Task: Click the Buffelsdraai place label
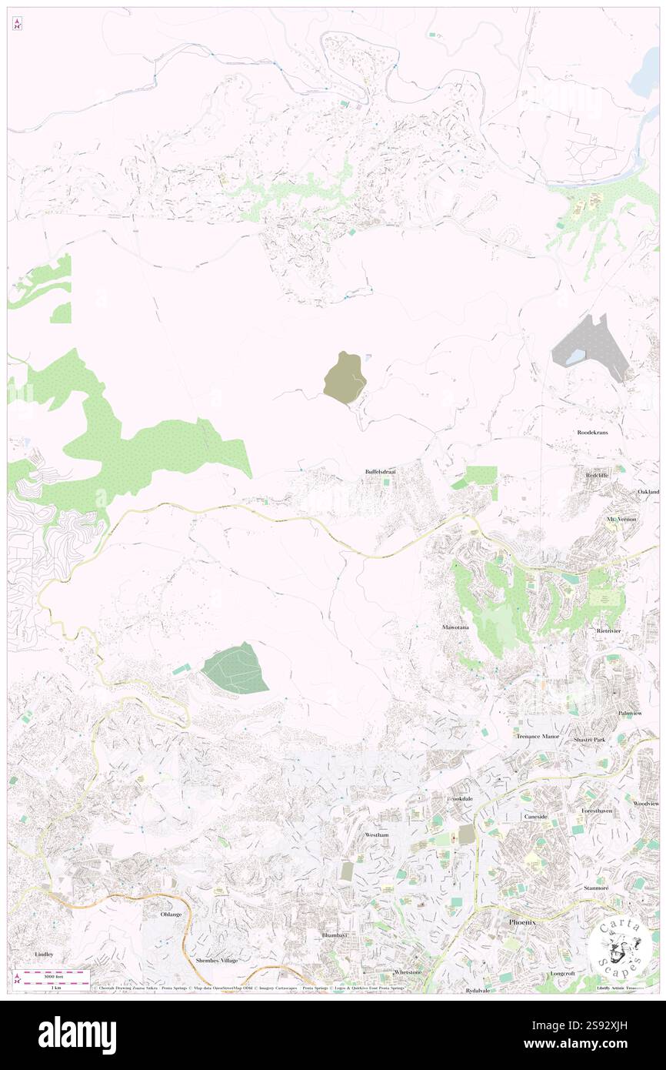pos(380,471)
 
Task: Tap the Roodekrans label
pos(593,433)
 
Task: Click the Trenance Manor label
pos(538,737)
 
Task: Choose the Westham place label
pos(378,834)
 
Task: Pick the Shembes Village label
pos(217,960)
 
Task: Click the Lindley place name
pos(45,955)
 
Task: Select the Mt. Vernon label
pos(618,520)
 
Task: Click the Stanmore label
pos(596,888)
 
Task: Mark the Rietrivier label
pos(608,630)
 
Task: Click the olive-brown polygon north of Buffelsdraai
pos(345,377)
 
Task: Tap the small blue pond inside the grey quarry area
pos(576,356)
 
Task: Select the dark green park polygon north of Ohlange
pos(236,668)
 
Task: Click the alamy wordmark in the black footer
pos(78,1035)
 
